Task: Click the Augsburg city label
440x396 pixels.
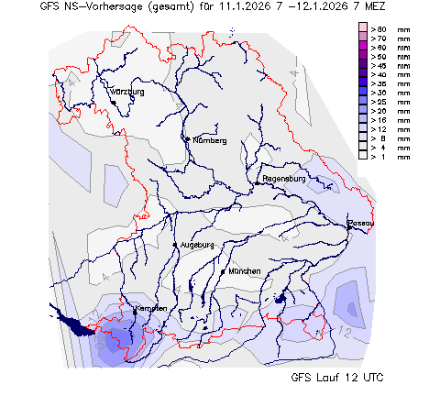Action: [197, 245]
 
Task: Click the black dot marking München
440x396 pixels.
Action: [224, 272]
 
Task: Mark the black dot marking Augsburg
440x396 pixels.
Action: [175, 246]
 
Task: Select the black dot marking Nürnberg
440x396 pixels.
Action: [187, 139]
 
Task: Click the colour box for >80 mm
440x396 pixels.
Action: [362, 29]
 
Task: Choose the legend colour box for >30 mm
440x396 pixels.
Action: [362, 93]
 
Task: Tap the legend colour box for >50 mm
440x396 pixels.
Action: [362, 57]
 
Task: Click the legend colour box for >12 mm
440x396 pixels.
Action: [362, 128]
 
